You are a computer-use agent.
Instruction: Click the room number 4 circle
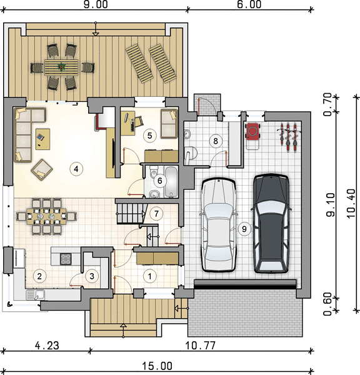click(x=76, y=169)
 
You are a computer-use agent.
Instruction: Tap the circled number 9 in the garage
click(x=244, y=229)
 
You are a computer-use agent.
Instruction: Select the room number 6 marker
click(x=159, y=181)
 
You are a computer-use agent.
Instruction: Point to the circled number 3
click(x=92, y=276)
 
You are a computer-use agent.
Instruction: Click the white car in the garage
click(x=219, y=225)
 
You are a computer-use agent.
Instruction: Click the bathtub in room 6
click(x=171, y=182)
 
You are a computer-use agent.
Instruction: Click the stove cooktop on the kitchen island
click(x=66, y=259)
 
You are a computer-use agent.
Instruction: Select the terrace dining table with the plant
click(x=61, y=67)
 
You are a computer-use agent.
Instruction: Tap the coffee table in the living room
click(x=43, y=139)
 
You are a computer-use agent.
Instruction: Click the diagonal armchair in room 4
click(x=42, y=170)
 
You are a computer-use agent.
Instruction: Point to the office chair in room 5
click(x=139, y=121)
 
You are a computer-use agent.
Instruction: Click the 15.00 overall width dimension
click(x=157, y=366)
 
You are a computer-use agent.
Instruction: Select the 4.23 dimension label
click(x=47, y=346)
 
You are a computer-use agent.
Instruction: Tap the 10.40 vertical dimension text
click(x=351, y=203)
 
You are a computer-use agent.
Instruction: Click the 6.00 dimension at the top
click(x=249, y=4)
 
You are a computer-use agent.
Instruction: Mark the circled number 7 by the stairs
click(x=156, y=213)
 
